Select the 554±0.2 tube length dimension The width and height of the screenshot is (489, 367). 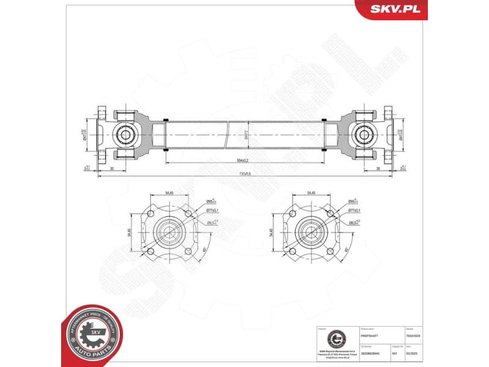(243, 160)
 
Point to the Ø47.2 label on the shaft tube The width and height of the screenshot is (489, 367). (246, 135)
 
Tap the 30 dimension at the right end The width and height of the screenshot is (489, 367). (378, 168)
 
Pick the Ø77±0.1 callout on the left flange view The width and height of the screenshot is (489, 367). (213, 210)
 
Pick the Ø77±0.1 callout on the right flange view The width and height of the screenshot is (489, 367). (355, 210)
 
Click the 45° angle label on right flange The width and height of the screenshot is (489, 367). (347, 250)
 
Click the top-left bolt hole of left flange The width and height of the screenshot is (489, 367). (152, 214)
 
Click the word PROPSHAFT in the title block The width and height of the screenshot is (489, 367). (370, 336)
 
